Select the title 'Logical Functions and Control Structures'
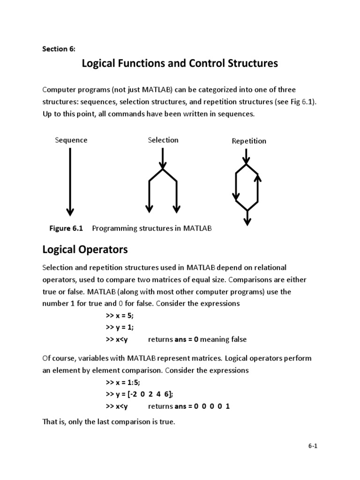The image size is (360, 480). [180, 63]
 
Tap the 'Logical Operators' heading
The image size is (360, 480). [85, 249]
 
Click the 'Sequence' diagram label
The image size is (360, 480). [71, 140]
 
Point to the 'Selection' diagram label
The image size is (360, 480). [163, 140]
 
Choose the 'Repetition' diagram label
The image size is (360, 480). [249, 141]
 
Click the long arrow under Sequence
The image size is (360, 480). [70, 183]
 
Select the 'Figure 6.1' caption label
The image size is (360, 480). [66, 228]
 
